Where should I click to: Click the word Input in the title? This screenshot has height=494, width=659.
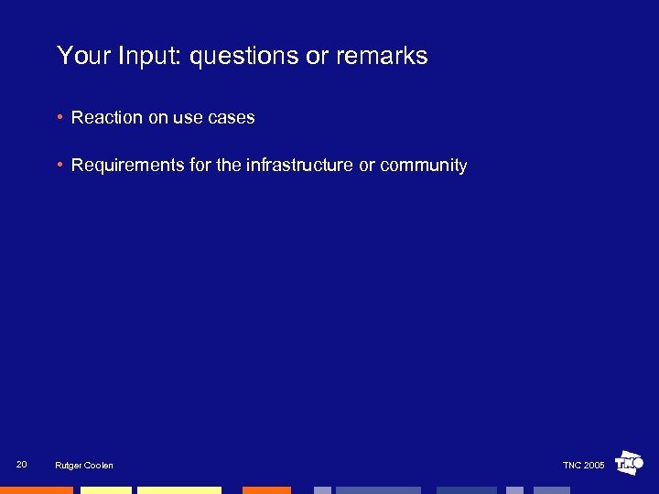[x=152, y=57]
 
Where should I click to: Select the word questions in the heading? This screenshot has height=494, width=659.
[x=244, y=57]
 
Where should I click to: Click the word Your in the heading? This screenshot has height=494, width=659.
[x=84, y=57]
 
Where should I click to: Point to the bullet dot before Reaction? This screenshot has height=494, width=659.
[x=59, y=118]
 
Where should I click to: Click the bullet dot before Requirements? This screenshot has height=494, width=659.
[x=59, y=166]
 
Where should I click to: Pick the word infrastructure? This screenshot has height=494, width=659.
[x=299, y=166]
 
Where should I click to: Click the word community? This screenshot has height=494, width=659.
[x=423, y=166]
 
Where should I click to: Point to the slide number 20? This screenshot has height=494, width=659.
[x=22, y=465]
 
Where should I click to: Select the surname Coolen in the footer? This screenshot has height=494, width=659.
[x=99, y=466]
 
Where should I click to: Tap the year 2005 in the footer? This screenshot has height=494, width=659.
[x=594, y=466]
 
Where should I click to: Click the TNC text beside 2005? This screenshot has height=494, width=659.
[x=572, y=466]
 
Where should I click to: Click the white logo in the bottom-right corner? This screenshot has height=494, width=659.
[x=629, y=464]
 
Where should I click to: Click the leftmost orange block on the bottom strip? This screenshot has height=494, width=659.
[x=36, y=490]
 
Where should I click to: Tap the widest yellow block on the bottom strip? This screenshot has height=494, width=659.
[x=179, y=490]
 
